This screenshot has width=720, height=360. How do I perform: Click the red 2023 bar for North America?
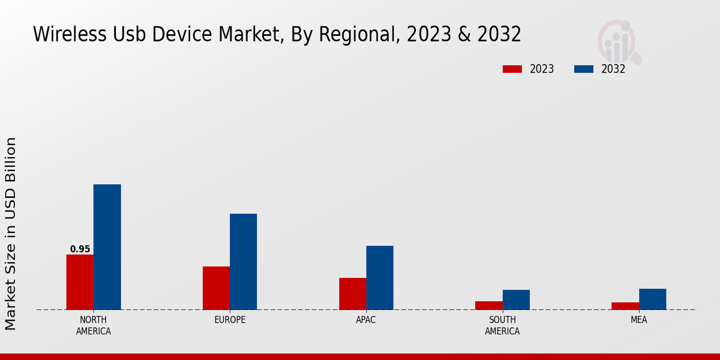coord(80,282)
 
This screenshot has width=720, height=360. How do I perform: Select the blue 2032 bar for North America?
coord(107,247)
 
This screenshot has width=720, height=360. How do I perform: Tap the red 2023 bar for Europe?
coord(216,288)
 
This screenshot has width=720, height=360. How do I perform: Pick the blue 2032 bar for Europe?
coord(243,262)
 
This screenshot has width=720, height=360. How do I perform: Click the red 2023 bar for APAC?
coord(352,293)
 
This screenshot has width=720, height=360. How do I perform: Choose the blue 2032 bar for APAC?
coord(380,278)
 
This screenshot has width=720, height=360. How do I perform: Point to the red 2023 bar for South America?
coord(488,305)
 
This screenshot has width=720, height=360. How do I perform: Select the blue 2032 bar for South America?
coord(516,299)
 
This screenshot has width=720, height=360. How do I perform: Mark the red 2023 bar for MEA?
coord(625,306)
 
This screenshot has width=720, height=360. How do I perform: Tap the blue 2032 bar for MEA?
coord(652,299)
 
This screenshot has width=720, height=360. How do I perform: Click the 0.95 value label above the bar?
coord(80,249)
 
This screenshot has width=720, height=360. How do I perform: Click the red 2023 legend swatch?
coord(512,69)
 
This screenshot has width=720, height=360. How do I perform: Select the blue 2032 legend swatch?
coord(583,69)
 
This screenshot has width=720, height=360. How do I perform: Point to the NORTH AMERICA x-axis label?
coord(94,325)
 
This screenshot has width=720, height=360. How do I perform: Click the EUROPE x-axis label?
coord(230,320)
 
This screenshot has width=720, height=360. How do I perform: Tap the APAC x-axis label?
coord(366,320)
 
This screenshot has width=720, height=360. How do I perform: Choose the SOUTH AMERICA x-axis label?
coord(502,325)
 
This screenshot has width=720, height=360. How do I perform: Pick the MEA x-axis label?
coord(638,320)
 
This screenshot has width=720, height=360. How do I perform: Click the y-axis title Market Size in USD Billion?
coord(11,233)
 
